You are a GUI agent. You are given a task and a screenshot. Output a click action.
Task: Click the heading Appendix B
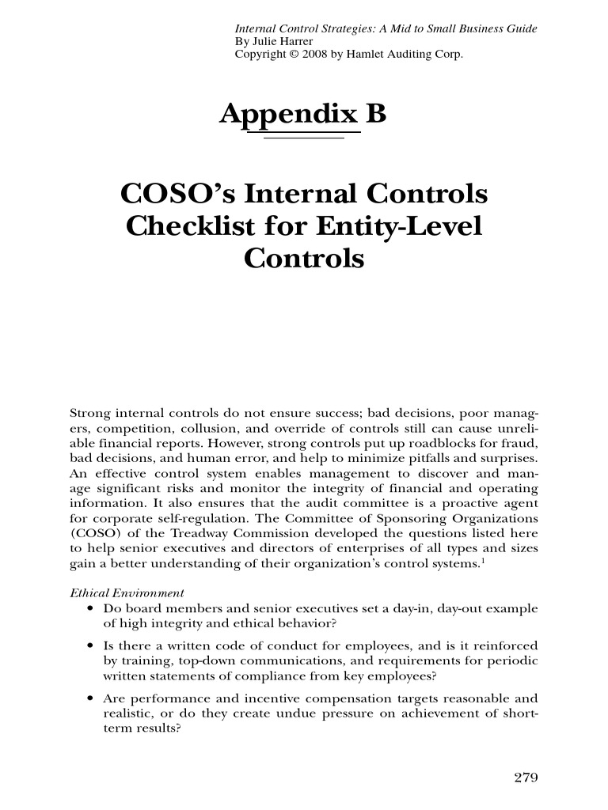302,115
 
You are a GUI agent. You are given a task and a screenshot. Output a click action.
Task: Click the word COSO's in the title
166,193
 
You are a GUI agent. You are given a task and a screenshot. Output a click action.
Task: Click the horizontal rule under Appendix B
303,138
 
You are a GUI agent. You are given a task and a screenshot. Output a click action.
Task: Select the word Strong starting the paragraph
91,414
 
